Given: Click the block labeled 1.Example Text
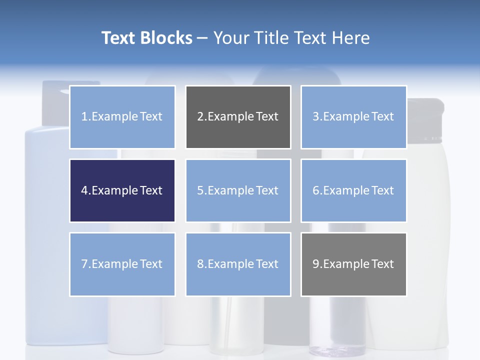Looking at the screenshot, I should [122, 117].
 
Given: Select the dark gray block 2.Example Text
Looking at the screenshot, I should [238, 117].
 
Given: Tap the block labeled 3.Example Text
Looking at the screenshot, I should [353, 117].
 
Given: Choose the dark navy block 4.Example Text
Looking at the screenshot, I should [122, 190].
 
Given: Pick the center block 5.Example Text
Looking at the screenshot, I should [238, 190].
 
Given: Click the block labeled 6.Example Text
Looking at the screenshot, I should [353, 190].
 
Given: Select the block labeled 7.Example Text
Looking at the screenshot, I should [122, 264].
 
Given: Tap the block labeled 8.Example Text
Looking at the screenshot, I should [238, 264].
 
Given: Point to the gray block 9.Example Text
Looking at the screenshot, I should [353, 264].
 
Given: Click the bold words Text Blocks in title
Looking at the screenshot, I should [146, 38].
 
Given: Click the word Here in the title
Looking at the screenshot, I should [350, 38].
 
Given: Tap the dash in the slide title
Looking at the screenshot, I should [202, 38].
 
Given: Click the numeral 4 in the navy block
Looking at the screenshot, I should [84, 190].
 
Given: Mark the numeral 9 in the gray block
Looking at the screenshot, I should [316, 264].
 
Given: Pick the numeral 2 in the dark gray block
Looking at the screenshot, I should [200, 117].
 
